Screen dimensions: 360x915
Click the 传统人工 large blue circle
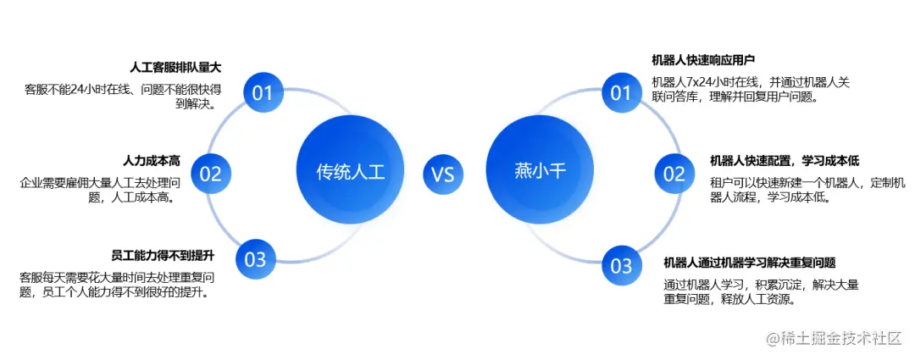350,171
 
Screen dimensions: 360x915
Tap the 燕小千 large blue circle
539,171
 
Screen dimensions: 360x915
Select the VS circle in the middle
443,174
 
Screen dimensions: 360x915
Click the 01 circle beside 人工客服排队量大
262,92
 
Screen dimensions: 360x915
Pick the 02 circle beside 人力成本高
209,174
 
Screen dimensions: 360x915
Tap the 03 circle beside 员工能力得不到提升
254,260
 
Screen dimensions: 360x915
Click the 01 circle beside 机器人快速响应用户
621,92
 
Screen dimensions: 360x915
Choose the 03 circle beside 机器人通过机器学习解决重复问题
621,266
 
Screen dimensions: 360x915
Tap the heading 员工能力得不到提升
163,255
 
